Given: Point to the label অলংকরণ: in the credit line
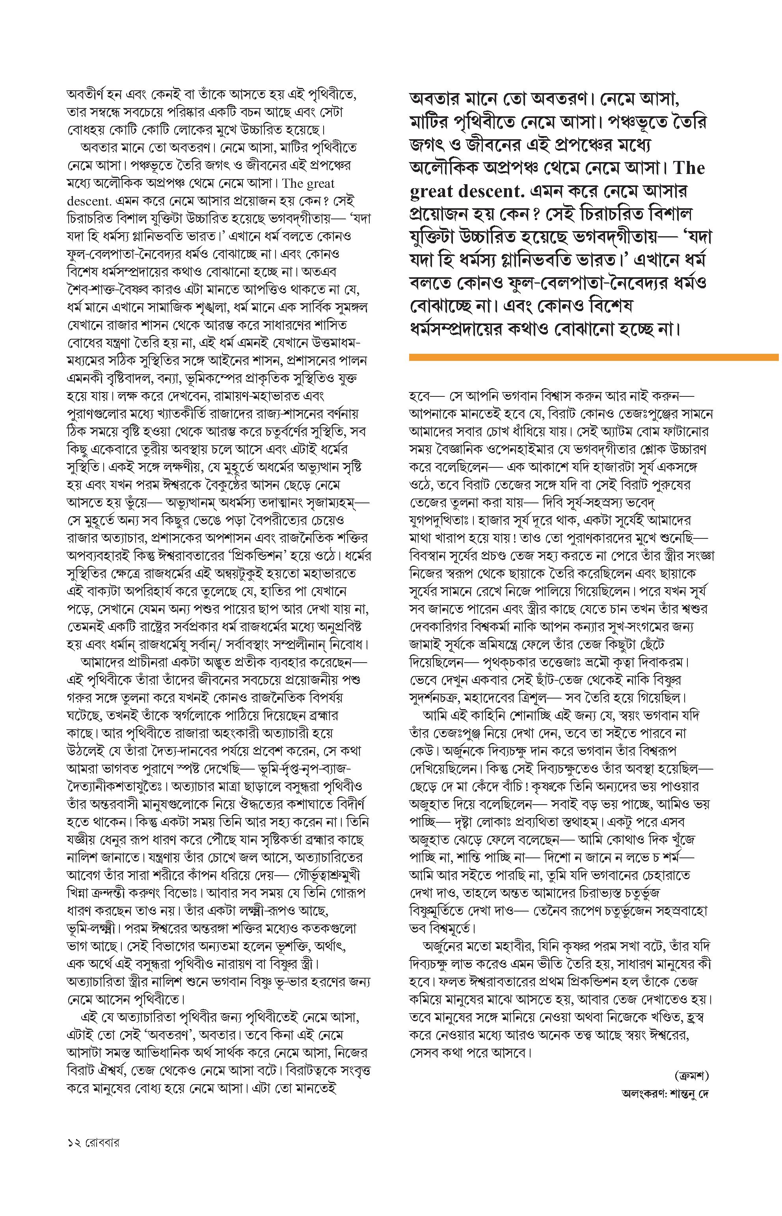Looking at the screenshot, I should (x=638, y=1094).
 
